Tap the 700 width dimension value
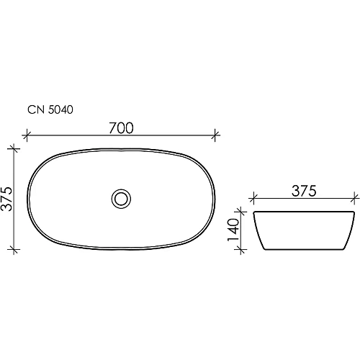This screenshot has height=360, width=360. tap(122, 128)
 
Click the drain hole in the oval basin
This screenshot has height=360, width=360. tap(122, 197)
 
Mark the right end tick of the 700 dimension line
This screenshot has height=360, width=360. tap(217, 135)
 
